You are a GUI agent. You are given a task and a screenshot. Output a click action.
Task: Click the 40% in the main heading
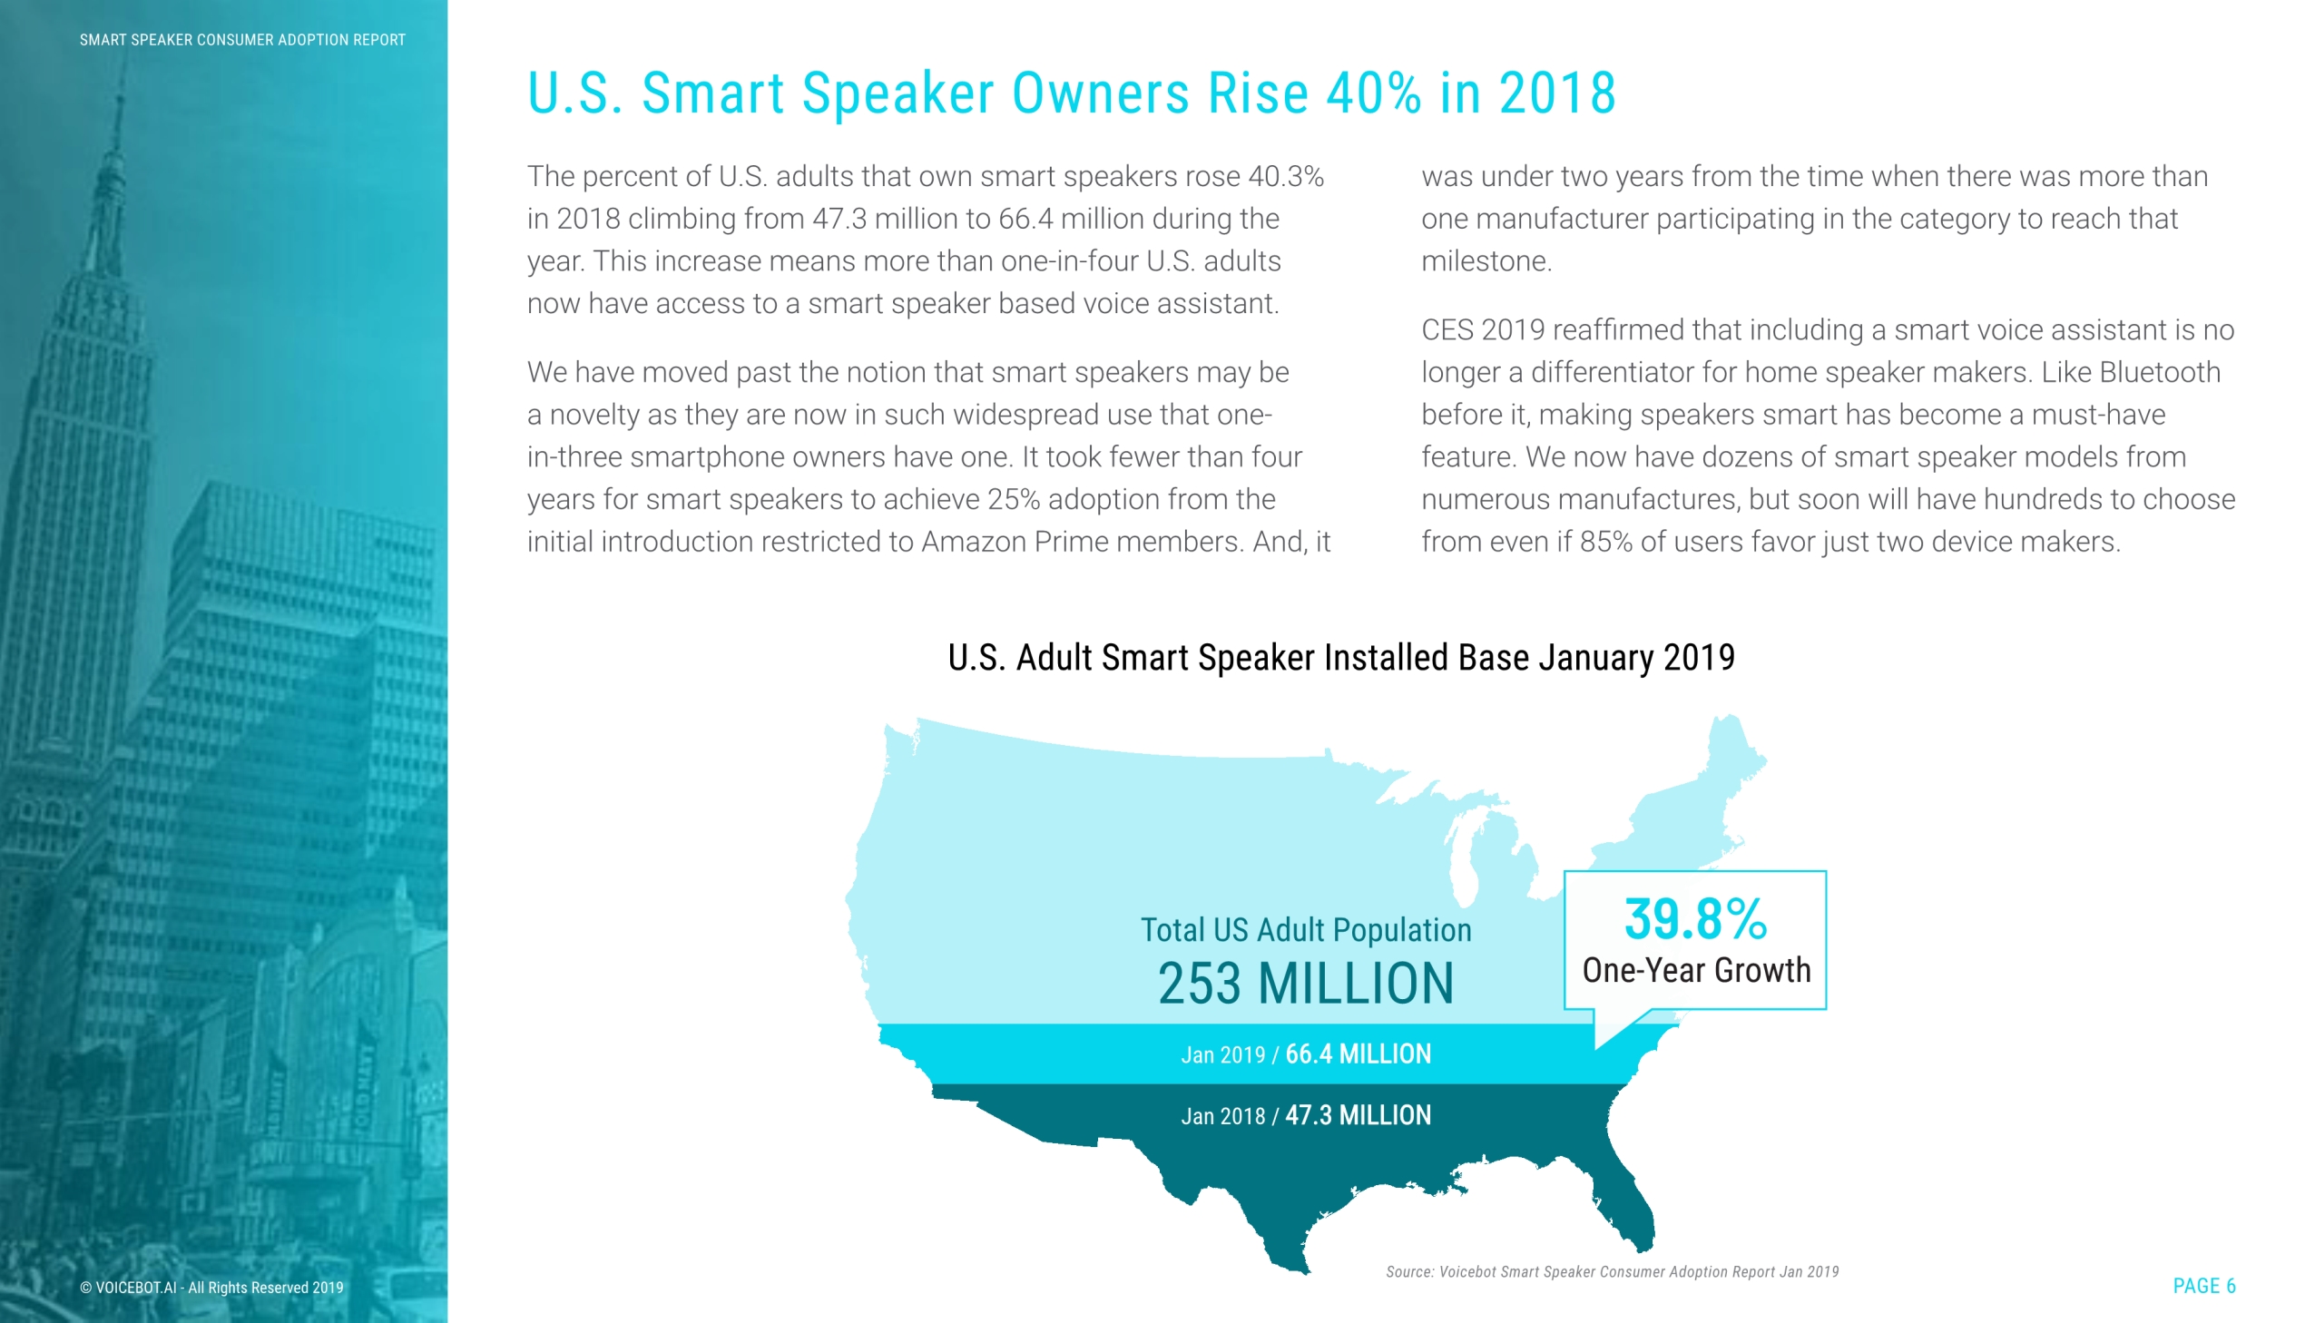tap(1373, 93)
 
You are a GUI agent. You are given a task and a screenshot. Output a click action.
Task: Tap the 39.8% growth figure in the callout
tap(1695, 918)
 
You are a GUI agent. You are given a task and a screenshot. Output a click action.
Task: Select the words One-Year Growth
tap(1695, 970)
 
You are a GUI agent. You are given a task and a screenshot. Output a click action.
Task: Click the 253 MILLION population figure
tap(1306, 983)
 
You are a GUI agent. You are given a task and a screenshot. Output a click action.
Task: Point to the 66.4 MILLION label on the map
tap(1358, 1054)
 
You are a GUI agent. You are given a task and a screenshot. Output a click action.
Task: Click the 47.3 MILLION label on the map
tap(1358, 1115)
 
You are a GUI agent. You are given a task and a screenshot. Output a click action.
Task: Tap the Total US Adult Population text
tap(1306, 929)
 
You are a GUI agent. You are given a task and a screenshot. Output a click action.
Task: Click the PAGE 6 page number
tap(2203, 1286)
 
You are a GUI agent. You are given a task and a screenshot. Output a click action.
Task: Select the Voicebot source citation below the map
tap(1612, 1272)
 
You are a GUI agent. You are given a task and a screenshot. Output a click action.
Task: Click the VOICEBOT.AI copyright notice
tap(211, 1288)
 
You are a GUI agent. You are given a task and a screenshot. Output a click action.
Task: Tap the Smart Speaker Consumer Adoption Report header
tap(242, 40)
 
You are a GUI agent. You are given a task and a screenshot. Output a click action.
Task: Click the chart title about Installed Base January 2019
tap(1341, 658)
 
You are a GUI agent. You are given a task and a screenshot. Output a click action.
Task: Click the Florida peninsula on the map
tap(1631, 1200)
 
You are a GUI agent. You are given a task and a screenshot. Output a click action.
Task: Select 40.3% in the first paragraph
tap(1286, 176)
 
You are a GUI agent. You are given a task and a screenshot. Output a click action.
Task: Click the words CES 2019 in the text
tap(1483, 329)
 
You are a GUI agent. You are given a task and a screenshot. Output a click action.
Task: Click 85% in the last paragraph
tap(1605, 542)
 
